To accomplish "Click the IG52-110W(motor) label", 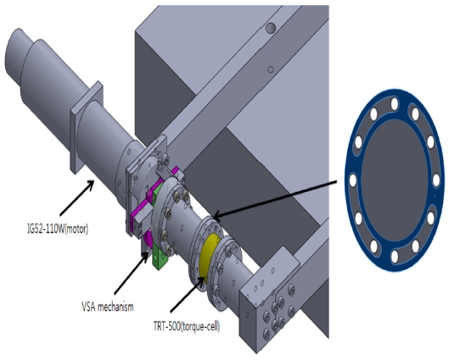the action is coord(57,229).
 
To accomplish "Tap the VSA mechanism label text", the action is coord(108,307).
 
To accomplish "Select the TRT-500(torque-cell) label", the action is coord(187,327).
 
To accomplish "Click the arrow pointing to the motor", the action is coord(77,197).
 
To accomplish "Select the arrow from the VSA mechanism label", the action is coord(132,273).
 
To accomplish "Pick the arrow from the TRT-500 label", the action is coord(188,294).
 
